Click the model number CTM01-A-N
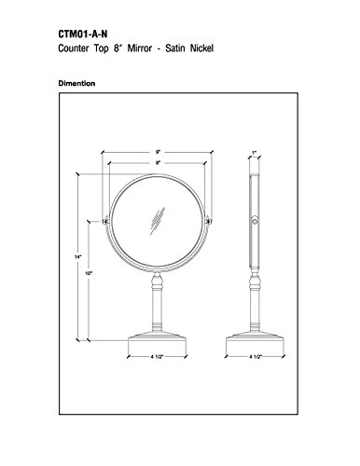pos(83,34)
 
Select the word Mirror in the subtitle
pos(140,48)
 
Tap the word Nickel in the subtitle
pos(201,48)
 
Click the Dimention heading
pos(76,83)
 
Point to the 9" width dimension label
pos(158,152)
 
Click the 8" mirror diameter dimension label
pos(158,162)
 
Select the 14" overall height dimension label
pos(77,256)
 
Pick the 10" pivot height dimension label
pos(89,273)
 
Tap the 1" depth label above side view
pos(255,153)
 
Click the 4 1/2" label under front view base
pos(157,357)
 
